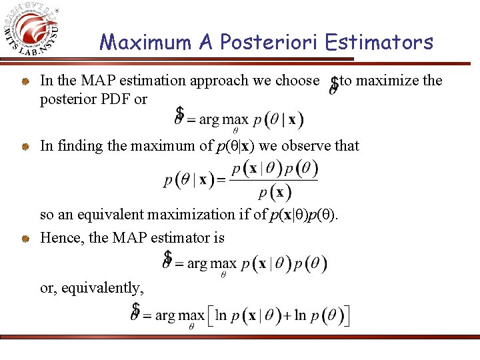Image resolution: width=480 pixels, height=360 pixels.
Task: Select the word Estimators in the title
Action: [x=379, y=43]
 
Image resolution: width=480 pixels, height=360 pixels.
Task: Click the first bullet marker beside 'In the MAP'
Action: [x=23, y=82]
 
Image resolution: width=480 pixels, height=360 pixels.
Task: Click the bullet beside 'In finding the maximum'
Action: [x=23, y=147]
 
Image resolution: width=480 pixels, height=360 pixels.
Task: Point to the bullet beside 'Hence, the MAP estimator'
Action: [x=23, y=239]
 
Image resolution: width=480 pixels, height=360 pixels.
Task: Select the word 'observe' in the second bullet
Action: [x=306, y=146]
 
